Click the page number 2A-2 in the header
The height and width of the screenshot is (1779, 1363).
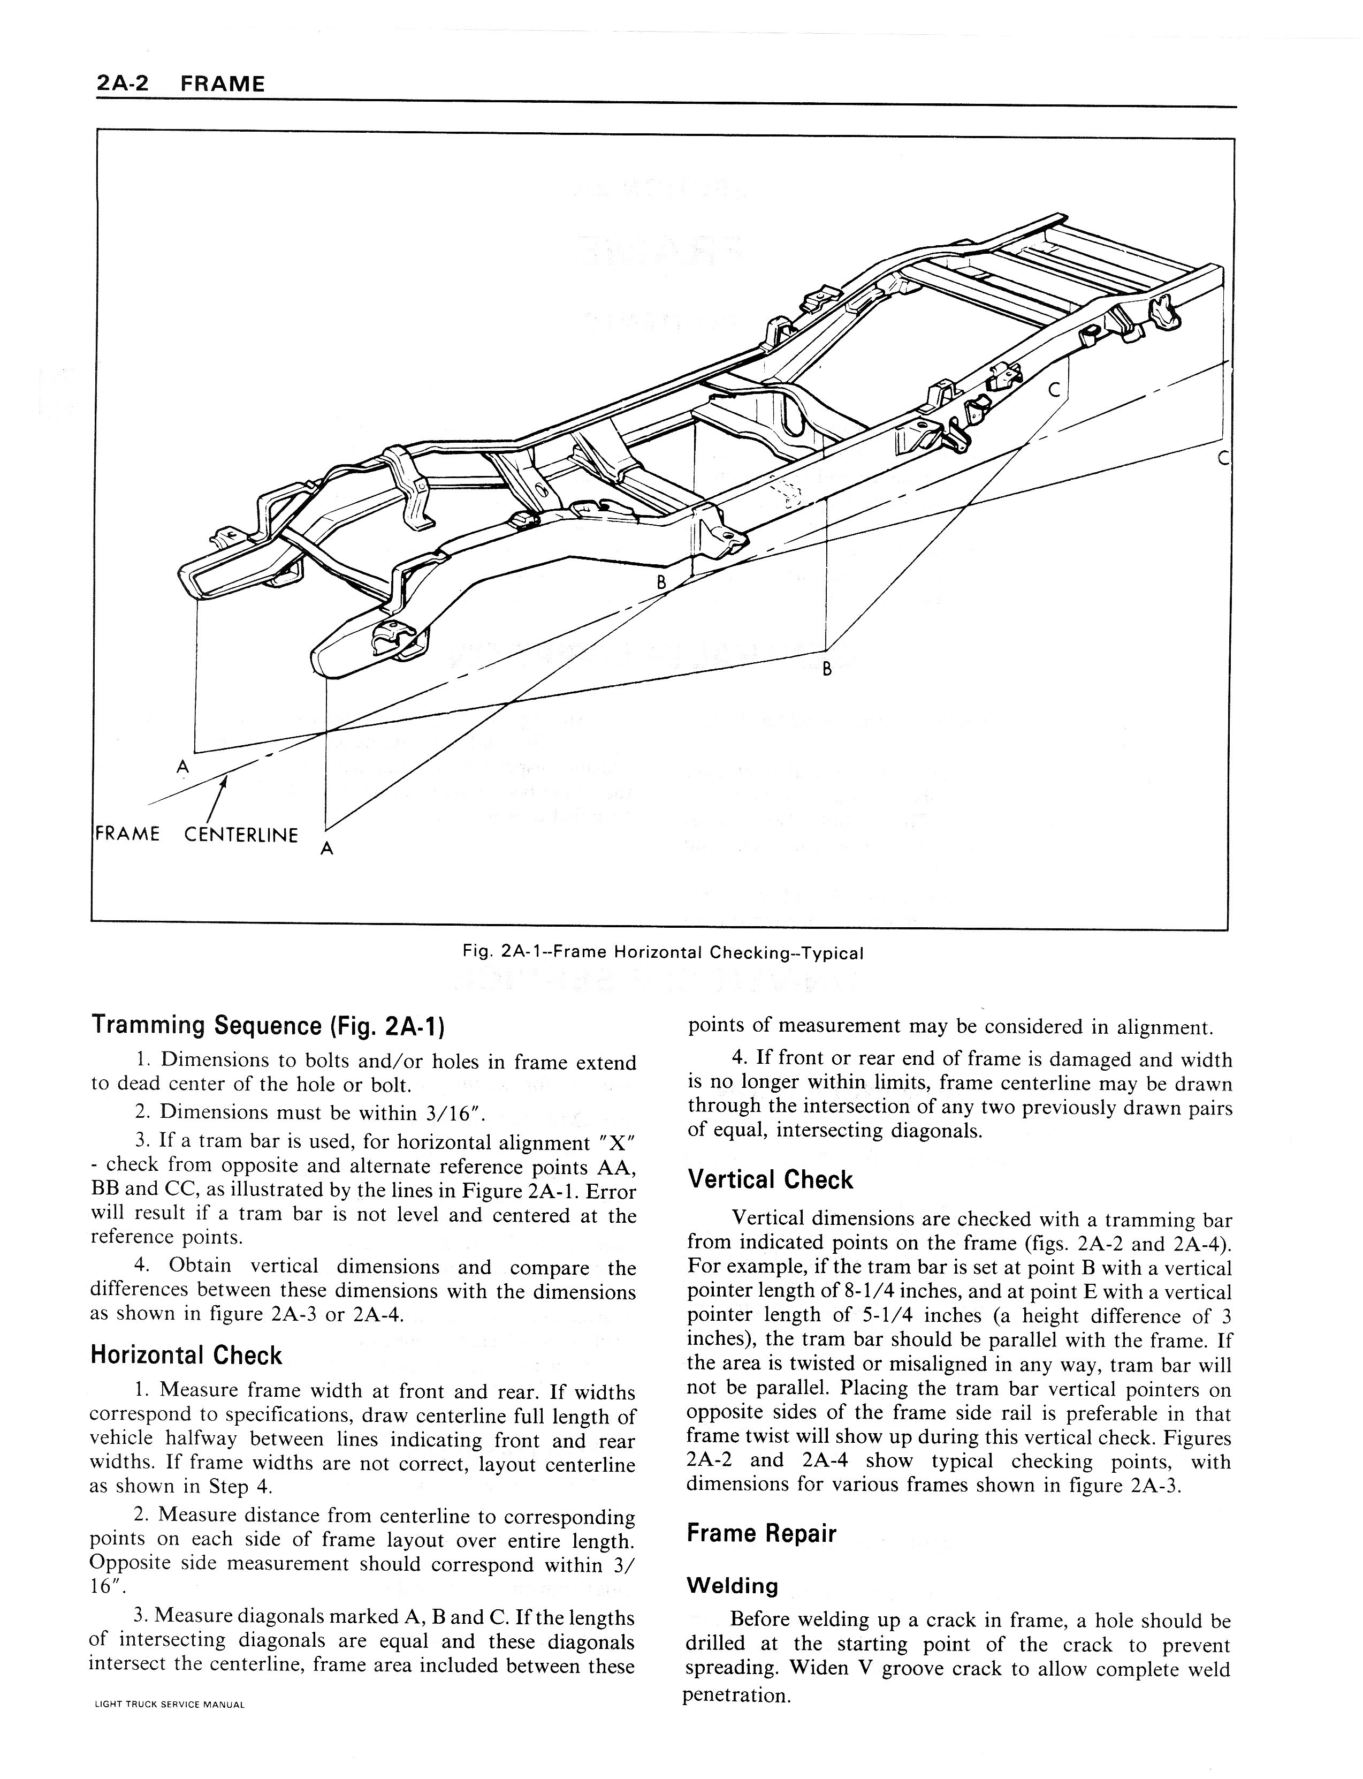(121, 83)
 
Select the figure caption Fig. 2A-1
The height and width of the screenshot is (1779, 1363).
(662, 953)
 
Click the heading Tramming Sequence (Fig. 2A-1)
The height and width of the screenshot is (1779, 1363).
(268, 1026)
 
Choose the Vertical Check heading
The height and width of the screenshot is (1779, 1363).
(770, 1179)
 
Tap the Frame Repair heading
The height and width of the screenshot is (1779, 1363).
(761, 1533)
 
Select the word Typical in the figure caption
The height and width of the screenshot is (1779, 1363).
(832, 953)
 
